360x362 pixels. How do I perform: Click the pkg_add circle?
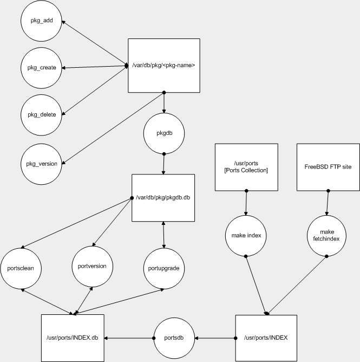point(41,22)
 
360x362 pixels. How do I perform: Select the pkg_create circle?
point(41,68)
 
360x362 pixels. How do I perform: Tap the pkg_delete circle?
point(41,114)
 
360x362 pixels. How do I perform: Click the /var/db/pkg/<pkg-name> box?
point(163,65)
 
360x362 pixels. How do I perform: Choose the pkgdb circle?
point(163,132)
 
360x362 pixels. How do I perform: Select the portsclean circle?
point(22,268)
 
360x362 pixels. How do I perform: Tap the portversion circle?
point(93,266)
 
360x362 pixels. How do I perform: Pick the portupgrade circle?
point(163,268)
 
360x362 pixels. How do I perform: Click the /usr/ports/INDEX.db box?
point(73,338)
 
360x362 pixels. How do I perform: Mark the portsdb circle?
point(175,338)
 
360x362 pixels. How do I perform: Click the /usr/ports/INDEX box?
point(266,338)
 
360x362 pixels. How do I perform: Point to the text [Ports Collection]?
point(246,171)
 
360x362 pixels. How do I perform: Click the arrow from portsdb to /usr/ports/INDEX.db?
point(129,338)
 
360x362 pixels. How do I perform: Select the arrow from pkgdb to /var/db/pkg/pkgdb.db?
point(163,164)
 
